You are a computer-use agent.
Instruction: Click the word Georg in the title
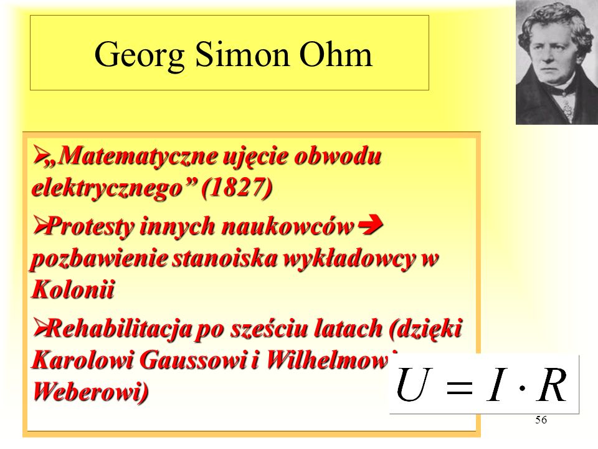tap(139, 56)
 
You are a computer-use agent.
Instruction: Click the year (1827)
tap(237, 188)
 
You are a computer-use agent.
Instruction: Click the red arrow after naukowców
tap(371, 226)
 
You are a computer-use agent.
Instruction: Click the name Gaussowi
tap(193, 359)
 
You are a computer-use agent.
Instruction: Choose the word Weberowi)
tap(90, 391)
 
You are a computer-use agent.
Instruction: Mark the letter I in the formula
tap(496, 385)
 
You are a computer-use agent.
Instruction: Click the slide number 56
tap(541, 420)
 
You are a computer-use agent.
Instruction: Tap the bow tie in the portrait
tap(561, 91)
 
